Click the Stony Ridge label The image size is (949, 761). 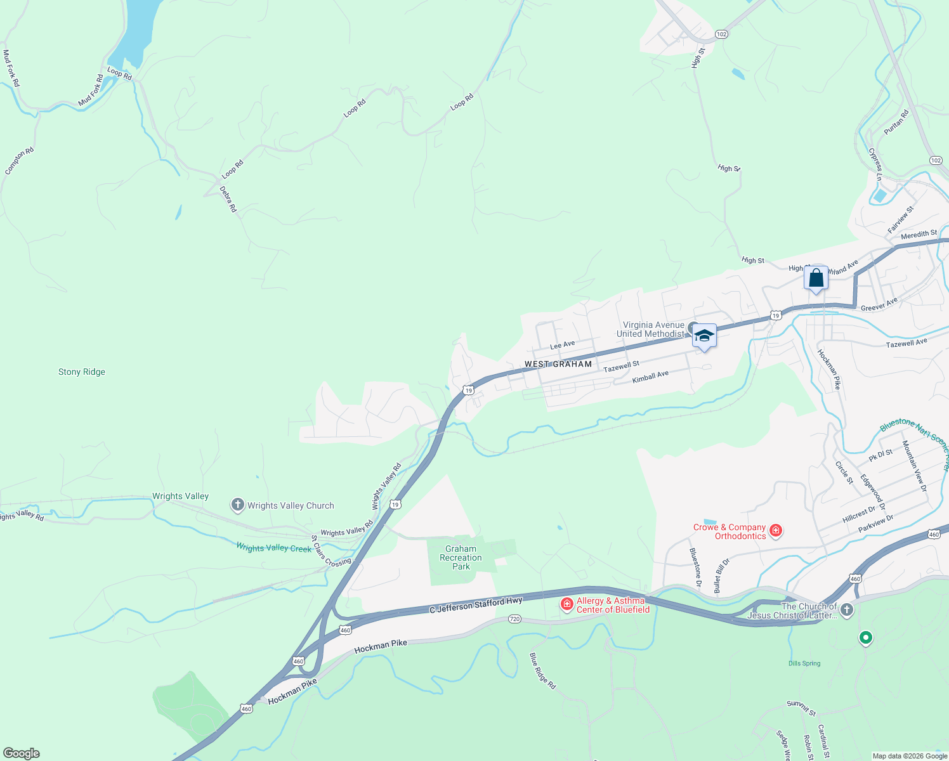[82, 372]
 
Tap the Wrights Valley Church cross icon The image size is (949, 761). [238, 505]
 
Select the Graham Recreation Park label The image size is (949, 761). [461, 558]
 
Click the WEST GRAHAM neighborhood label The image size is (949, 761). [558, 364]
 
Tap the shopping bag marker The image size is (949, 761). [816, 278]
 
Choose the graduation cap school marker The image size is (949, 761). [704, 335]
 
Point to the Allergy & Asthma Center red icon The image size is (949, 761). [567, 604]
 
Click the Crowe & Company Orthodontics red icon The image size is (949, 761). [776, 530]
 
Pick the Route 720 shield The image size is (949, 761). [514, 619]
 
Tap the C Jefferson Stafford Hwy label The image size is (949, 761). [476, 605]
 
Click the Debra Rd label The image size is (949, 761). [228, 199]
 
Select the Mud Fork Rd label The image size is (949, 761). [11, 68]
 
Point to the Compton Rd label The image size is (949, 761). [19, 161]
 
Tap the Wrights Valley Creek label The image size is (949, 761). [274, 547]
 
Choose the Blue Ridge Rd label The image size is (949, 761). [543, 671]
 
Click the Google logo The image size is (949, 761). [22, 753]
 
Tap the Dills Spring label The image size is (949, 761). [804, 663]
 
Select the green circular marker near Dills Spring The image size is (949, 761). [865, 637]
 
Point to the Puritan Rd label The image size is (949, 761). [896, 122]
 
